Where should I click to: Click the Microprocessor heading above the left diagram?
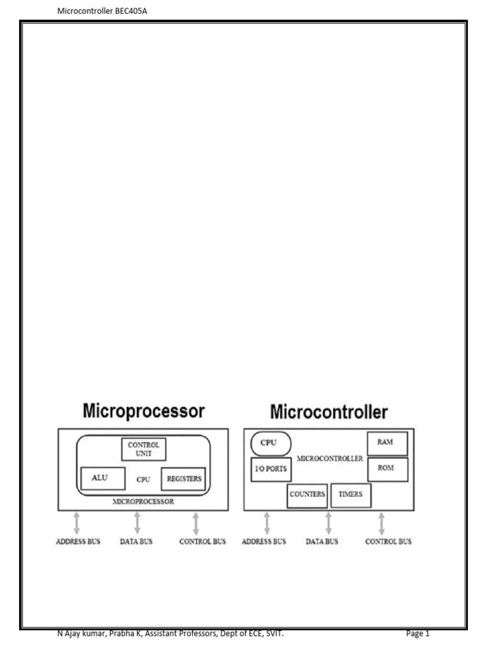144,411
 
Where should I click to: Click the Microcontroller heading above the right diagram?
328,412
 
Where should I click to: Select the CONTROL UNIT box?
143,449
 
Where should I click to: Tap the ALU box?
100,478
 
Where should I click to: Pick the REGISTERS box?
184,479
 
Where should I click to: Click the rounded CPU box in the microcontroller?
271,442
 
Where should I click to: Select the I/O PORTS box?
271,469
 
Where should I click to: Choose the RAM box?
387,443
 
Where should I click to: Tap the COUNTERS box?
308,494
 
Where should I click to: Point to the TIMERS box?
351,494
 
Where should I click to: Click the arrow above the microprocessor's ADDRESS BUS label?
77,523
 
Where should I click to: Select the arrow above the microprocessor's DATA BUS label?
137,523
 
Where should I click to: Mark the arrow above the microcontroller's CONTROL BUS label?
382,523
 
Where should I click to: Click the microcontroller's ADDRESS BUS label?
264,541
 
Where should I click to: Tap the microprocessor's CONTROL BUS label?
202,541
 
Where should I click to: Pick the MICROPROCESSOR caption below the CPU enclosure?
143,501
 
